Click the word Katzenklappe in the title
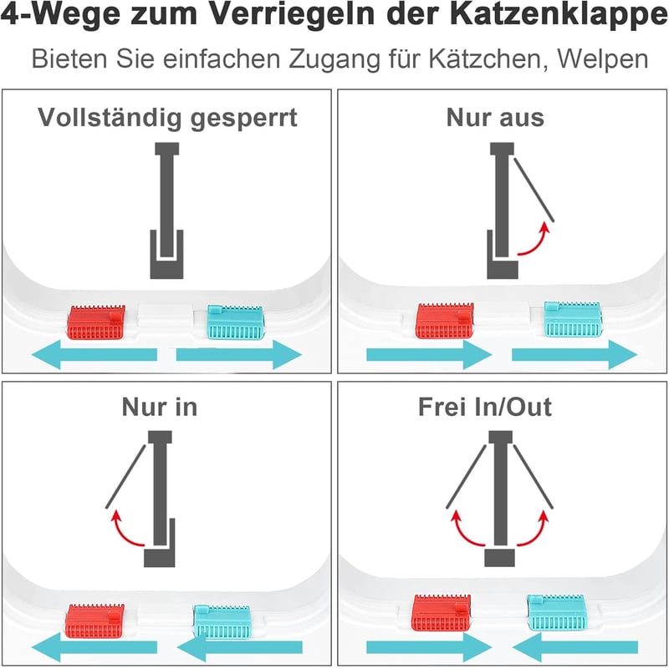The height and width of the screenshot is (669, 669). point(559,14)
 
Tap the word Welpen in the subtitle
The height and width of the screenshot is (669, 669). point(603,58)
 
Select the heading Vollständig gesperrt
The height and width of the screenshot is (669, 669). point(167,119)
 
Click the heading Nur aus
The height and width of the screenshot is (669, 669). point(495,117)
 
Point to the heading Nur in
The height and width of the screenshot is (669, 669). point(160,407)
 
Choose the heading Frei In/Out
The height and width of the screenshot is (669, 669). point(485,407)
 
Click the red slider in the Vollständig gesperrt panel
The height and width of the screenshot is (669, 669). point(96,322)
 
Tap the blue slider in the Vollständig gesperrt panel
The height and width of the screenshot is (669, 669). point(236,322)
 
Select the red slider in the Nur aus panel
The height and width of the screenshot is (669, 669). point(445,321)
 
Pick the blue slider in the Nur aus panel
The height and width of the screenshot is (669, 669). point(573,319)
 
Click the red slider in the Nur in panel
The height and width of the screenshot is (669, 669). point(94,621)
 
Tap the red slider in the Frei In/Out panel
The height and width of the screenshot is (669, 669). point(442,613)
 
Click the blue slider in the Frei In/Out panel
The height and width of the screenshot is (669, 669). point(557,613)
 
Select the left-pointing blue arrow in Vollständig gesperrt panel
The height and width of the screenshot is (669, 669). point(94,355)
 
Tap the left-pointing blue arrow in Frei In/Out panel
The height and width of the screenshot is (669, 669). point(575,647)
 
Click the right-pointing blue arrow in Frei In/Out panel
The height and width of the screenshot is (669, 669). point(429,647)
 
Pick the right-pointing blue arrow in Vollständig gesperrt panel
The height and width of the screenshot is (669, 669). point(239,355)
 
